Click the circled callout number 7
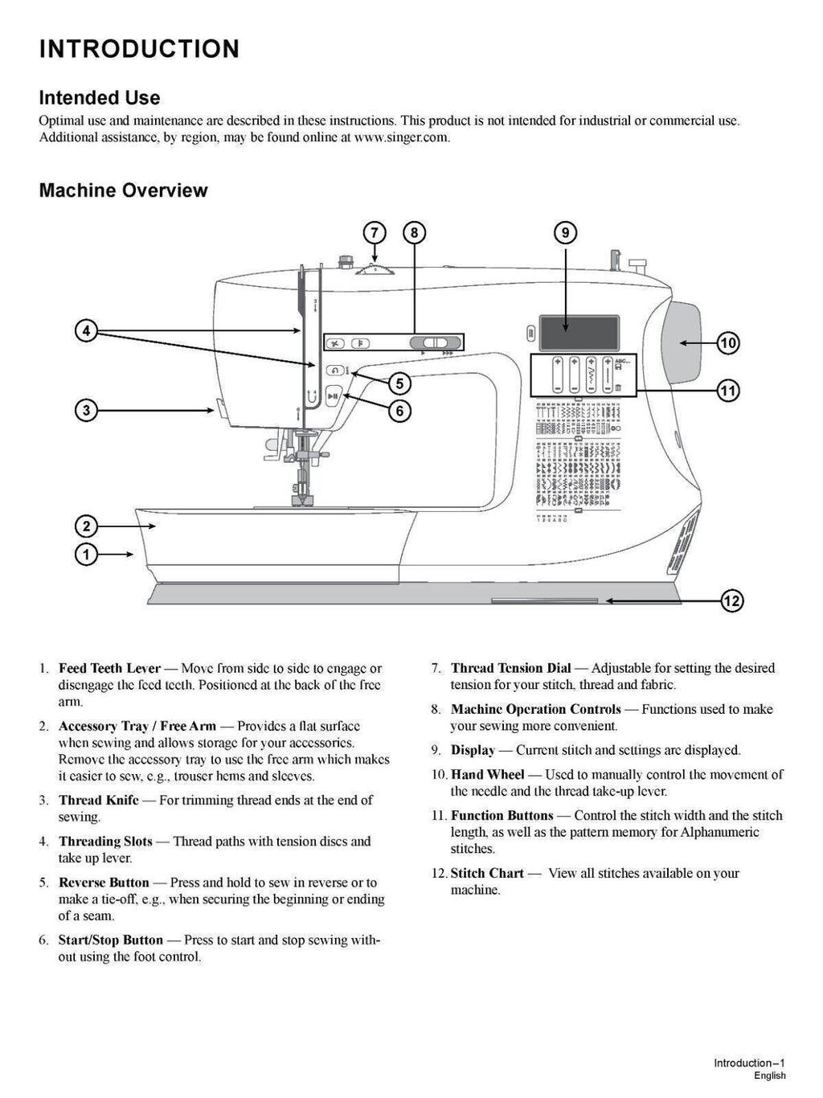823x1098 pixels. pyautogui.click(x=375, y=233)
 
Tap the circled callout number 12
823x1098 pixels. pyautogui.click(x=732, y=600)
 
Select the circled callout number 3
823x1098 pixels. pyautogui.click(x=86, y=411)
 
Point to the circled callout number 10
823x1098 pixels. pyautogui.click(x=728, y=343)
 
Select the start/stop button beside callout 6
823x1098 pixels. pyautogui.click(x=334, y=395)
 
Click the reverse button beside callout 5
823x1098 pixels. pyautogui.click(x=334, y=371)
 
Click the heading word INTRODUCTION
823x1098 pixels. pyautogui.click(x=139, y=49)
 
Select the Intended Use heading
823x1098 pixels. pyautogui.click(x=100, y=98)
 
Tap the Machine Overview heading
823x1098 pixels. pyautogui.click(x=123, y=191)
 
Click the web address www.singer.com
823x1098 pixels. pyautogui.click(x=401, y=137)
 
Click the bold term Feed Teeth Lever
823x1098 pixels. pyautogui.click(x=109, y=668)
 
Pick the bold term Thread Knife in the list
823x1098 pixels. pyautogui.click(x=98, y=800)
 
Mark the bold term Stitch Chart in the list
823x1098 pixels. pyautogui.click(x=487, y=873)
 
